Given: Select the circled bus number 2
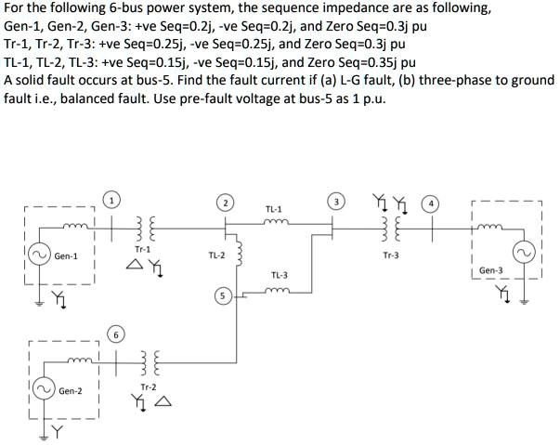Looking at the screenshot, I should point(224,202).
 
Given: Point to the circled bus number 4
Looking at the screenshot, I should point(428,202).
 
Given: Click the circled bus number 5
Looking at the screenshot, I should point(220,296).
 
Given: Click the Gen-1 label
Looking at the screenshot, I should point(67,255).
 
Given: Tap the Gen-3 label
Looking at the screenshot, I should point(491,270).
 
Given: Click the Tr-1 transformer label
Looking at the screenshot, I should point(141,249).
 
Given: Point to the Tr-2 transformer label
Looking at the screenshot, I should point(148,386).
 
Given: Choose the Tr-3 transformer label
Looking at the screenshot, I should point(391,255).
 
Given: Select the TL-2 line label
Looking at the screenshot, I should point(217,254).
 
